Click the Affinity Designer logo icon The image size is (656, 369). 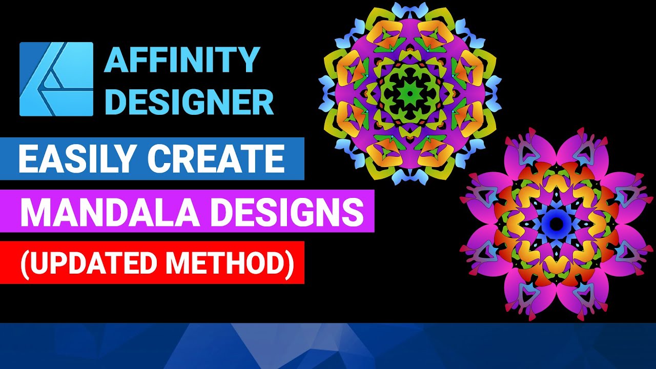(x=56, y=79)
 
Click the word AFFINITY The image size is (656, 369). (x=182, y=60)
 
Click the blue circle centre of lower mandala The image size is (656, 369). (x=557, y=223)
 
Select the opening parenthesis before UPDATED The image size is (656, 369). (x=24, y=262)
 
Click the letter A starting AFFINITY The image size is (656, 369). (x=114, y=60)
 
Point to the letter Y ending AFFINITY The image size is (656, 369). (x=250, y=60)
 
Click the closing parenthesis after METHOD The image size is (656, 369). (x=291, y=262)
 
